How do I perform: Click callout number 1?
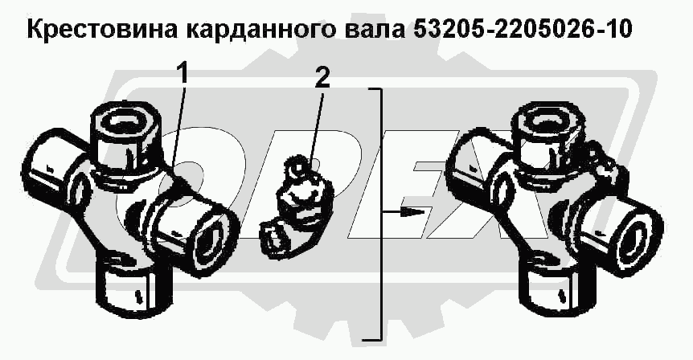(x=182, y=75)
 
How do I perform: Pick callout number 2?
(x=322, y=78)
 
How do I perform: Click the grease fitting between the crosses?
(x=294, y=208)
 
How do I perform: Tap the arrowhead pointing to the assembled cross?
(x=412, y=212)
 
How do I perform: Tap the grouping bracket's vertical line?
(x=380, y=215)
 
